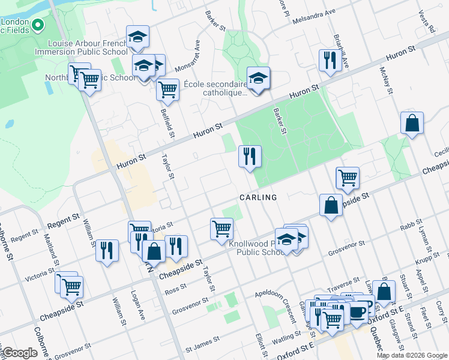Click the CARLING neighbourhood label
(258, 197)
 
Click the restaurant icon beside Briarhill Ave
(330, 59)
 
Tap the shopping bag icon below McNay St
(412, 122)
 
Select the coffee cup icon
(358, 312)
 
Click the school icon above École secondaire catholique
(259, 78)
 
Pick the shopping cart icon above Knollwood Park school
(221, 227)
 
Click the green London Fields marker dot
(37, 26)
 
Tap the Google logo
(20, 352)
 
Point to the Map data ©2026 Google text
(412, 355)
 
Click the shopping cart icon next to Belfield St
(167, 89)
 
